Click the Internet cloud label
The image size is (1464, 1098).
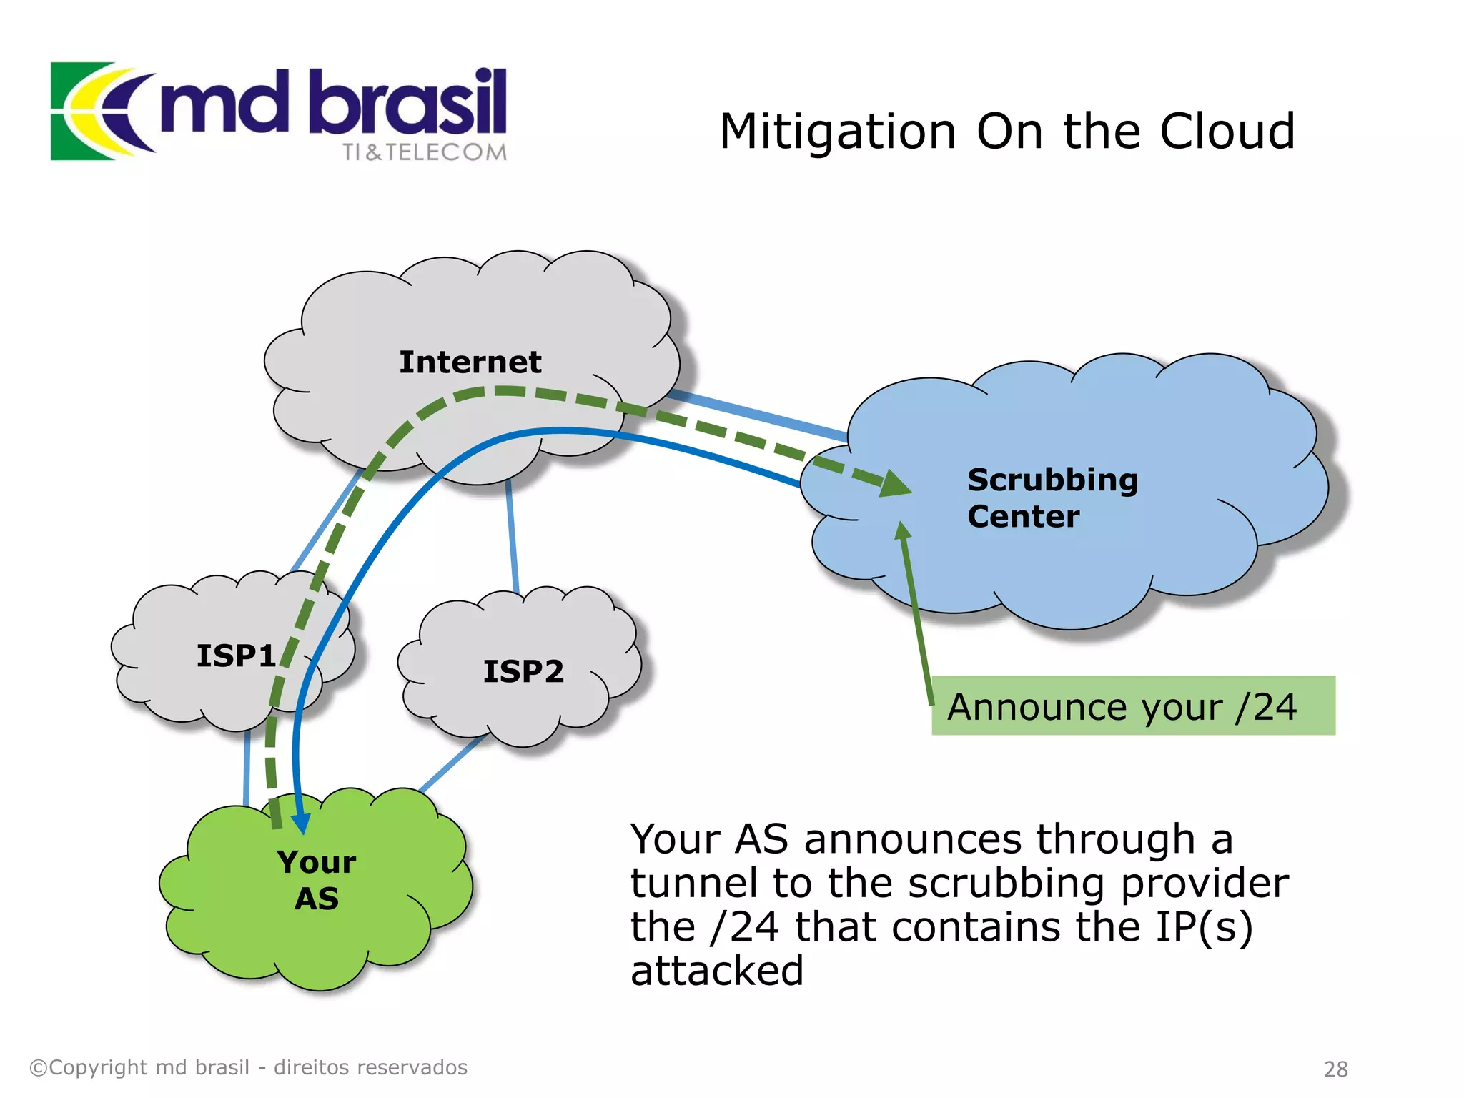pyautogui.click(x=470, y=362)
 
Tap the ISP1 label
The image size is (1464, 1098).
pyautogui.click(x=236, y=656)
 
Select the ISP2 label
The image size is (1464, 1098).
pyautogui.click(x=523, y=671)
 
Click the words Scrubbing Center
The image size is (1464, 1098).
pyautogui.click(x=1051, y=498)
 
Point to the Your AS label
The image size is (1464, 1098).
pyautogui.click(x=317, y=880)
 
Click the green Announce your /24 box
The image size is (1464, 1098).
pyautogui.click(x=1132, y=706)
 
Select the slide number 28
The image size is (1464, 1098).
pyautogui.click(x=1335, y=1069)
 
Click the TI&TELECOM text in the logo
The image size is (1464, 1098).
pyautogui.click(x=424, y=152)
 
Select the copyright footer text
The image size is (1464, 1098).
pyautogui.click(x=248, y=1067)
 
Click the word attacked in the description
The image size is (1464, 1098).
pyautogui.click(x=717, y=971)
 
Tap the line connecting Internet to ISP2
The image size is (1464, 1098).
pyautogui.click(x=512, y=536)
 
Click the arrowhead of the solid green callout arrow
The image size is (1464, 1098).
pyautogui.click(x=902, y=530)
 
